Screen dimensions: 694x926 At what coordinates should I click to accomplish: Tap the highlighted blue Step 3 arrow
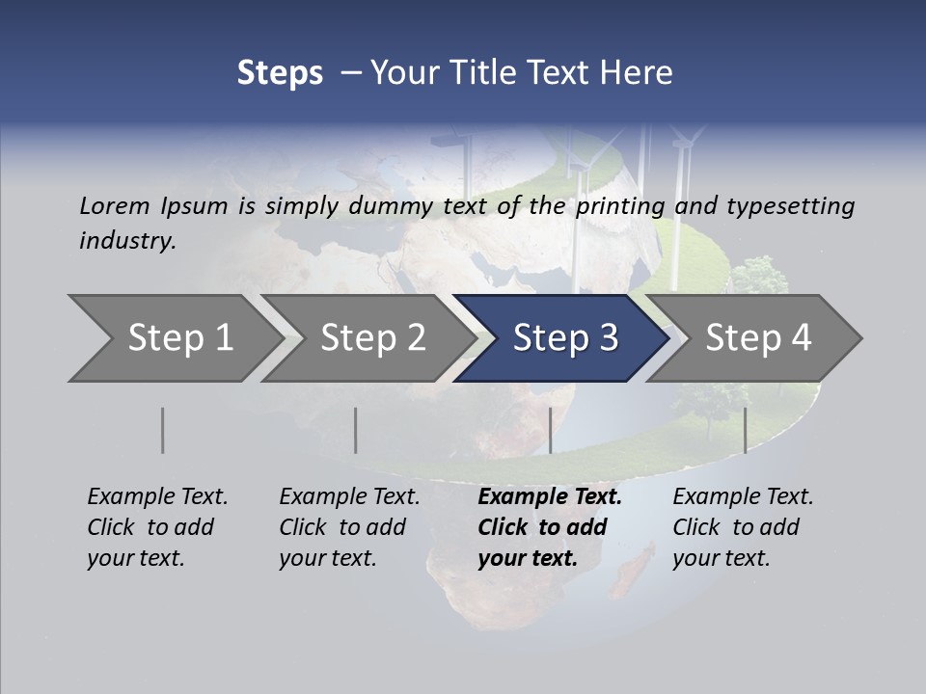point(564,338)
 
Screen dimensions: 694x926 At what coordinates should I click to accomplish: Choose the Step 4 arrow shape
point(757,338)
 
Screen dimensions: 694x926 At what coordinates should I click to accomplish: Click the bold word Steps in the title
point(280,73)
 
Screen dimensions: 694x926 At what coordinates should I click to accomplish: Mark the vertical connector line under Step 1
point(163,430)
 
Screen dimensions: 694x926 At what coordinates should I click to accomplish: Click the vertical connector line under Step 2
point(356,430)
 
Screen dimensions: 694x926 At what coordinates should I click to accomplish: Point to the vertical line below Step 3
point(550,430)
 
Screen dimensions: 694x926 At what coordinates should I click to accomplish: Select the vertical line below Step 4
point(745,430)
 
